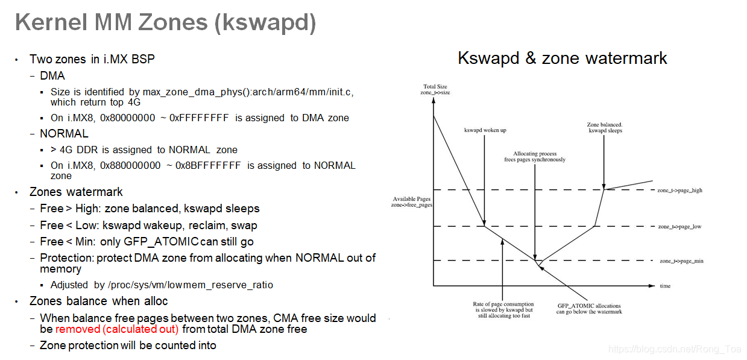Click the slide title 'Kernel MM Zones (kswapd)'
(x=165, y=23)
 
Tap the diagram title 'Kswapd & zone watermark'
(x=562, y=58)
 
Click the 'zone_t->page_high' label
(x=679, y=191)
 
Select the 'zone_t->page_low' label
(x=679, y=227)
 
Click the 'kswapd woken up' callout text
(x=485, y=130)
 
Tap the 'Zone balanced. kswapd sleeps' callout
(x=604, y=128)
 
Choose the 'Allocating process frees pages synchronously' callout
(x=535, y=157)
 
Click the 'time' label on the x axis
(x=664, y=286)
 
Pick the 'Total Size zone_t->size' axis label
(x=435, y=89)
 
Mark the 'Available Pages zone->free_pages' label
(x=412, y=202)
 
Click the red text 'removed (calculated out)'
(x=117, y=329)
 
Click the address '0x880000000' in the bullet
(x=130, y=165)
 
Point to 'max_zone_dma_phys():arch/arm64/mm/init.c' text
(x=248, y=92)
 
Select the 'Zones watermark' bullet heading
(x=76, y=192)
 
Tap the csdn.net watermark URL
(x=675, y=349)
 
